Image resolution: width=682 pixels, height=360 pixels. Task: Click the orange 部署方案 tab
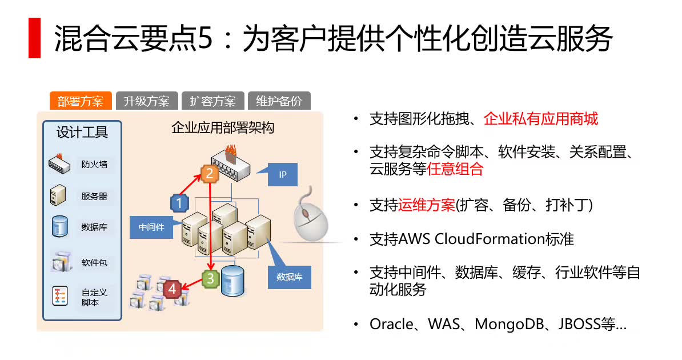click(81, 101)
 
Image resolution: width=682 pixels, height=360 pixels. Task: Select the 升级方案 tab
click(147, 101)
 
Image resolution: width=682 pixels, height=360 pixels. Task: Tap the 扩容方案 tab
click(212, 101)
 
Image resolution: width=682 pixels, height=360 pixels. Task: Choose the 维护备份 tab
click(279, 101)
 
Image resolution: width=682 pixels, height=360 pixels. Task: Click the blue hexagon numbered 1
click(179, 202)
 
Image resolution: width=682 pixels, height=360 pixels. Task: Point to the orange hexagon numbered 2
click(210, 174)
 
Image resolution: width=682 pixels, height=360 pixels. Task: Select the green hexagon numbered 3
click(211, 279)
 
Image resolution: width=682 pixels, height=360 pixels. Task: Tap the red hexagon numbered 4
click(171, 289)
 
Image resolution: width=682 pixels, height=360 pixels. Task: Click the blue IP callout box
click(283, 174)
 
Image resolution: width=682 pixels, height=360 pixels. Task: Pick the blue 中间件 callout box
click(151, 227)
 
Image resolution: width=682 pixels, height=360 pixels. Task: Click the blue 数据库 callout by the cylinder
click(290, 277)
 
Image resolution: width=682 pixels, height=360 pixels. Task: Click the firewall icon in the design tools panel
click(60, 165)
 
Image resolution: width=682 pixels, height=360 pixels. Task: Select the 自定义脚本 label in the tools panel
click(94, 297)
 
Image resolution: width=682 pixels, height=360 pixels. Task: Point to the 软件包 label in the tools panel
click(94, 263)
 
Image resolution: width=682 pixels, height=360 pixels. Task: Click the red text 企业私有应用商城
click(541, 119)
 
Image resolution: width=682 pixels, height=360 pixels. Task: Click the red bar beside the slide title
click(34, 38)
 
